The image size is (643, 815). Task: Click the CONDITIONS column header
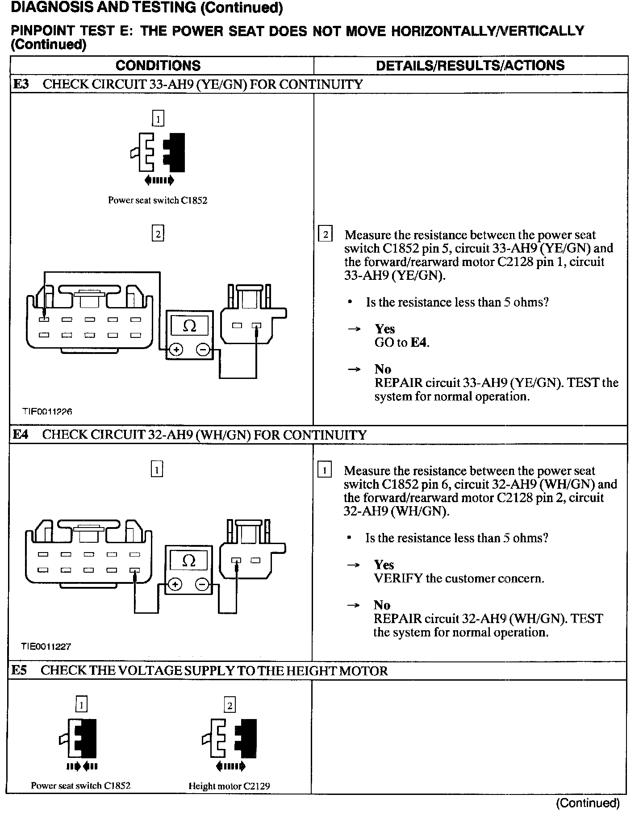[x=158, y=66]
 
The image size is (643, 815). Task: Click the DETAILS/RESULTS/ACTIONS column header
[x=470, y=66]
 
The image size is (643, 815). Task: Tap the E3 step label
[x=21, y=84]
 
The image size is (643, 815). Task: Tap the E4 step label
[x=21, y=435]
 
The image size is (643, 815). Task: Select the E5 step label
[x=20, y=671]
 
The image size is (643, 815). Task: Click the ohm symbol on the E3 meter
[x=189, y=326]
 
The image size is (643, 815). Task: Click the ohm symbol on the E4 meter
[x=189, y=561]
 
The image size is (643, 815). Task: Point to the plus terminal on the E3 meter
[x=176, y=349]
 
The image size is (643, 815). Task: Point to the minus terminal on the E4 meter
[x=202, y=584]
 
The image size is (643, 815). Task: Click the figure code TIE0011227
[x=46, y=646]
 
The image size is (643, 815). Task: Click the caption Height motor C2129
[x=229, y=786]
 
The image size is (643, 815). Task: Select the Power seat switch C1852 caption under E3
[x=158, y=200]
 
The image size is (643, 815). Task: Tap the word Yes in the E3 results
[x=384, y=329]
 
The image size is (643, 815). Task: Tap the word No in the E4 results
[x=382, y=605]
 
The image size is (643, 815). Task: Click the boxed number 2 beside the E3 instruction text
[x=325, y=234]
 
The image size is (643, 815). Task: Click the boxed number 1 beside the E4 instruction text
[x=325, y=470]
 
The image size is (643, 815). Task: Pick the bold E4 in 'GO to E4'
[x=419, y=342]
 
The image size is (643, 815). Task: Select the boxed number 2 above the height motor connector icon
[x=230, y=706]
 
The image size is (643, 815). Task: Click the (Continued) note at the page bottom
[x=588, y=803]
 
